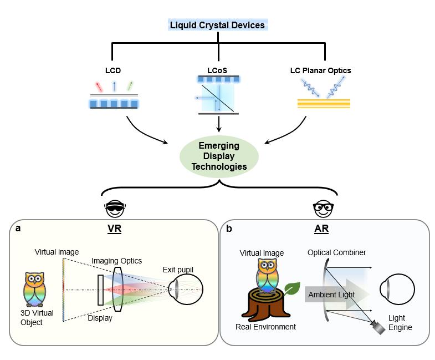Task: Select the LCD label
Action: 113,70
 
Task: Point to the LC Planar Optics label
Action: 320,70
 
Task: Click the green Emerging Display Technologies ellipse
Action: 219,156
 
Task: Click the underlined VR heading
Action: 115,229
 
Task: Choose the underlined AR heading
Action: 322,229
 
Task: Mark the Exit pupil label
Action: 178,270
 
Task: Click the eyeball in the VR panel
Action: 185,290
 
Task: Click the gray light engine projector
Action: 379,328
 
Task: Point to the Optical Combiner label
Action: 337,253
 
